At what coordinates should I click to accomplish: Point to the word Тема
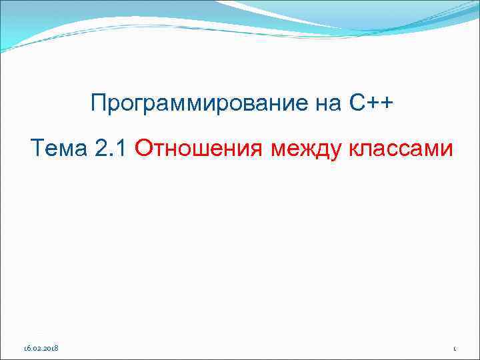[x=59, y=147]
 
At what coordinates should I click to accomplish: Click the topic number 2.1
[x=112, y=147]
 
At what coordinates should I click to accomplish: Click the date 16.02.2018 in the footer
[x=41, y=348]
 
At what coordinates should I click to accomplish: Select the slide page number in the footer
[x=453, y=349]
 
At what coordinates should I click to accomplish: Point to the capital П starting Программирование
[x=99, y=104]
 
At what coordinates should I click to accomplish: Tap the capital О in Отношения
[x=144, y=147]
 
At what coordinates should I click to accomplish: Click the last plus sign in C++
[x=387, y=104]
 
